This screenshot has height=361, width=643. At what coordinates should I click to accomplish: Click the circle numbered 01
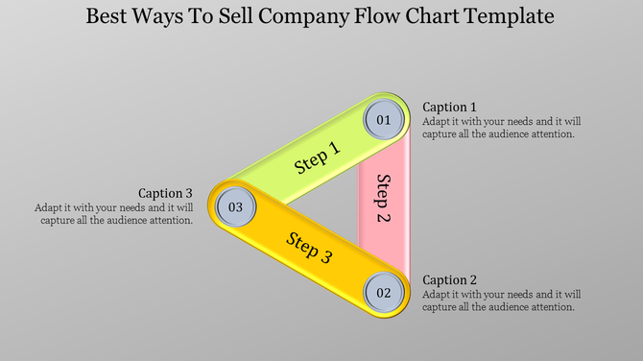[x=383, y=121]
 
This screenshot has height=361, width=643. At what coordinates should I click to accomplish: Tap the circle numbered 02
[x=383, y=292]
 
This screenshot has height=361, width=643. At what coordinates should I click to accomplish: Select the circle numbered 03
[x=235, y=205]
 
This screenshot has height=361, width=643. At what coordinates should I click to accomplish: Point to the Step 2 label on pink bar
[x=382, y=198]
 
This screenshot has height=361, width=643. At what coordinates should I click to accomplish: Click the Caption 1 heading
[x=450, y=107]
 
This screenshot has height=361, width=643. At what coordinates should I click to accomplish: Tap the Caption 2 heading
[x=450, y=279]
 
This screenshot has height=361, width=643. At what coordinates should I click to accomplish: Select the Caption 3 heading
[x=166, y=192]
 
